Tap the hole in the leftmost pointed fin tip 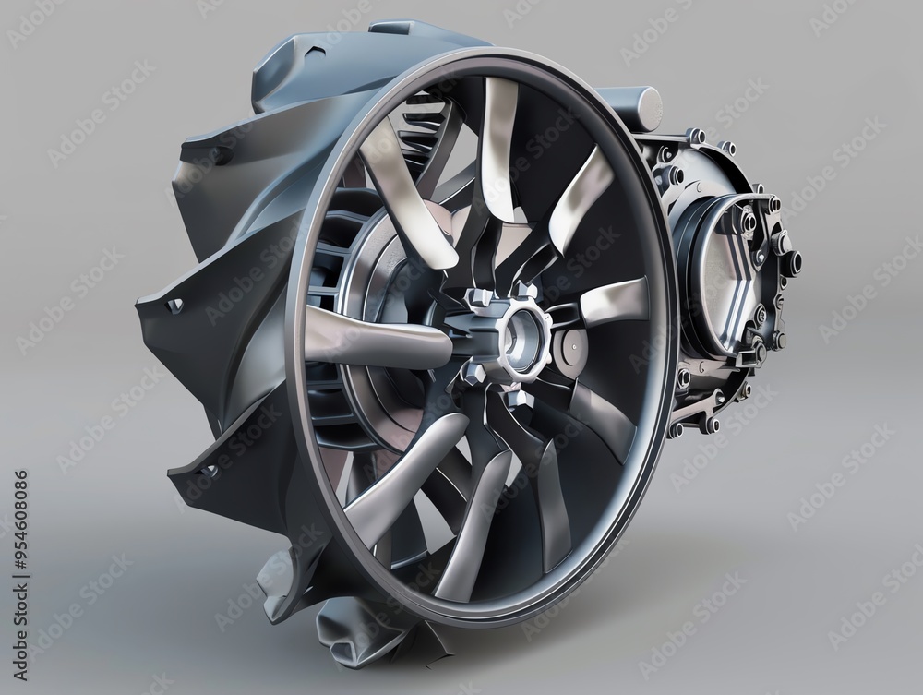pos(174,305)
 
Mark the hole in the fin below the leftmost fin pos(209,470)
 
